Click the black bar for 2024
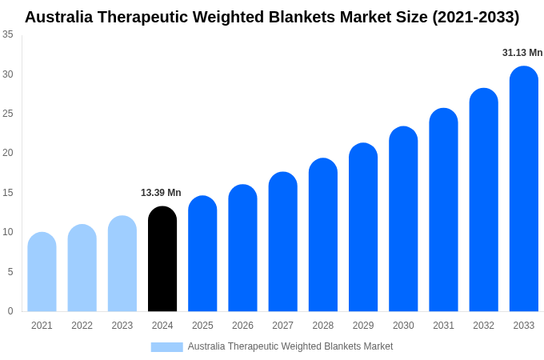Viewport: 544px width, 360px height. tap(162, 259)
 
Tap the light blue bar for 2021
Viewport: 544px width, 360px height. tap(42, 272)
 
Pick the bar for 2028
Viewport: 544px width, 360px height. tap(322, 235)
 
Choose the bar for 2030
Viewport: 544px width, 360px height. tap(403, 219)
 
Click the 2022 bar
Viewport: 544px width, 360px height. tap(82, 268)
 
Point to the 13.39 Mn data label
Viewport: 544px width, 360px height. tap(161, 193)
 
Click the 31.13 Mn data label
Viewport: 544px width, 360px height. tap(522, 53)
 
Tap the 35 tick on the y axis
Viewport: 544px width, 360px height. tap(7, 34)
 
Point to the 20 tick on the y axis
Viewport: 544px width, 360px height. tap(7, 153)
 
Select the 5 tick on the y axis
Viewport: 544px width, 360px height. tap(10, 272)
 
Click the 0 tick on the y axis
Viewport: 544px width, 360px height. tap(10, 311)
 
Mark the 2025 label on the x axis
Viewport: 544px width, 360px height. tap(202, 326)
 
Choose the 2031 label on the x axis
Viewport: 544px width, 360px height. tap(443, 326)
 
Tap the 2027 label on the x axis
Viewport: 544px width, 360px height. tap(282, 326)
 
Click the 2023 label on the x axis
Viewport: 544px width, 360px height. tap(122, 326)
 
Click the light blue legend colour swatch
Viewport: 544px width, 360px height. tap(166, 347)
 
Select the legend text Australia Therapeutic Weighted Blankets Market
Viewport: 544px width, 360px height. tap(290, 346)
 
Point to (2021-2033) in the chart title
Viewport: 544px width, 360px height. tap(475, 17)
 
